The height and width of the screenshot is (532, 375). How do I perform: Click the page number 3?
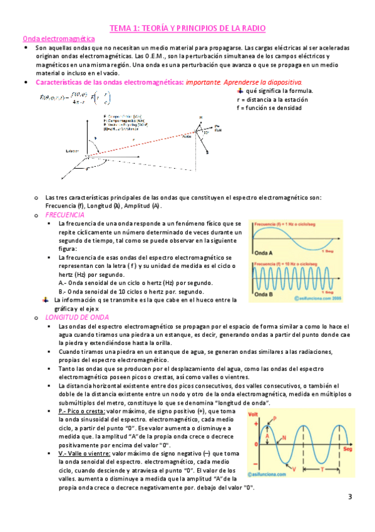[x=350, y=497]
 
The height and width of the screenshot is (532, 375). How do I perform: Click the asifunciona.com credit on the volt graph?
[x=272, y=476]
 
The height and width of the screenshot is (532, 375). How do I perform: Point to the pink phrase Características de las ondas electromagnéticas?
[x=110, y=82]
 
